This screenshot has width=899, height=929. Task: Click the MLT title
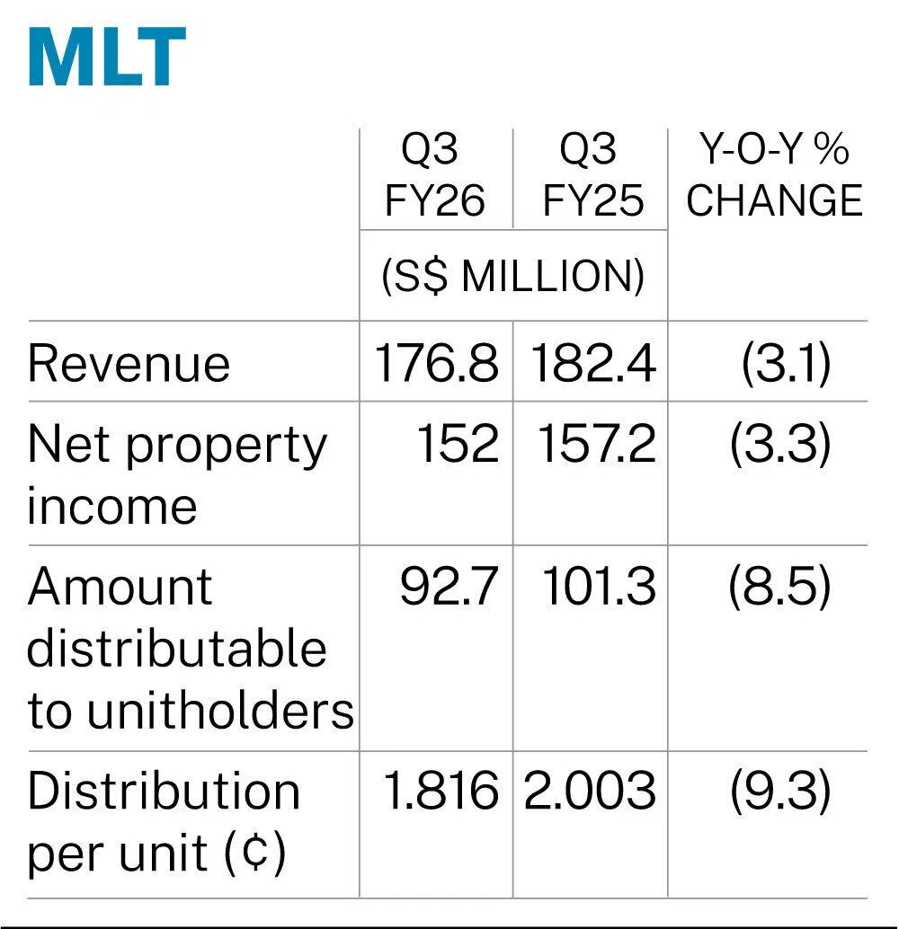107,58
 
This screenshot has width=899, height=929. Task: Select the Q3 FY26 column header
435,177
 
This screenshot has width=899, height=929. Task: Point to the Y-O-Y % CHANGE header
774,177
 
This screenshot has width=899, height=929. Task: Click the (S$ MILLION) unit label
513,278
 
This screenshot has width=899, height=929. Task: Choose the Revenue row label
129,364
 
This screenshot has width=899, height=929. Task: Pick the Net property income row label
177,474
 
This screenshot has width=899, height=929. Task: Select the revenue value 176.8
436,364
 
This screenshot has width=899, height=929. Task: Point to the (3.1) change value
785,364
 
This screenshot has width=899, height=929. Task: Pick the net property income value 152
457,444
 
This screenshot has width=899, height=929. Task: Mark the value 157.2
597,444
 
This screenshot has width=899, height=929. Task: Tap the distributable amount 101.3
599,588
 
